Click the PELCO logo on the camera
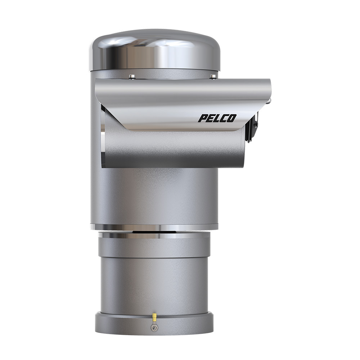(x=217, y=118)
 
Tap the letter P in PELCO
(x=202, y=118)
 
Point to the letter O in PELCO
(x=231, y=118)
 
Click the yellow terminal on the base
(x=154, y=317)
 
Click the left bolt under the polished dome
(x=132, y=76)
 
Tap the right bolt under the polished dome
(x=213, y=76)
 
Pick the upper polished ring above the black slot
(x=154, y=227)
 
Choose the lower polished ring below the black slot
(x=154, y=235)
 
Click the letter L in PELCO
(x=217, y=118)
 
